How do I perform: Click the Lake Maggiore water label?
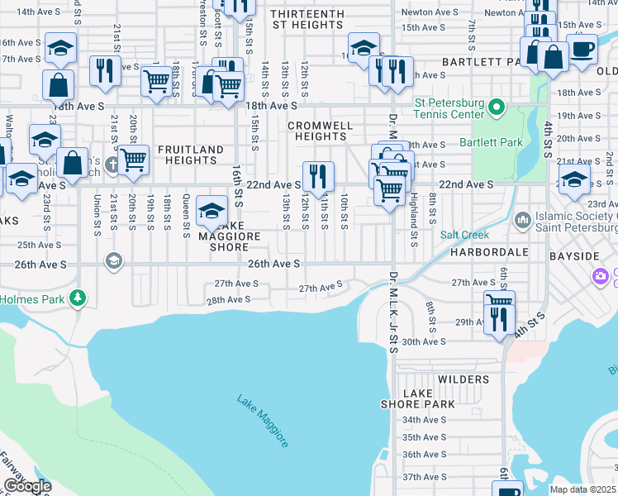[x=264, y=422]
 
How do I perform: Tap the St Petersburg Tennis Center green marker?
[x=497, y=106]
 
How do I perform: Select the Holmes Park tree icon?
[x=78, y=297]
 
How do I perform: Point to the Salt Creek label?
[x=465, y=236]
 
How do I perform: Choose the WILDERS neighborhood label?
[x=463, y=379]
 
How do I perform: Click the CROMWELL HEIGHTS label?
[x=320, y=131]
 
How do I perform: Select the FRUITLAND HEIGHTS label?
[x=190, y=155]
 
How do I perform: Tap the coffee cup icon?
[x=582, y=48]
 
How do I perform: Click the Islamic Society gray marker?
[x=522, y=219]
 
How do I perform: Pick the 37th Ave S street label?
[x=424, y=477]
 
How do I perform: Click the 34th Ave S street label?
[x=424, y=420]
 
